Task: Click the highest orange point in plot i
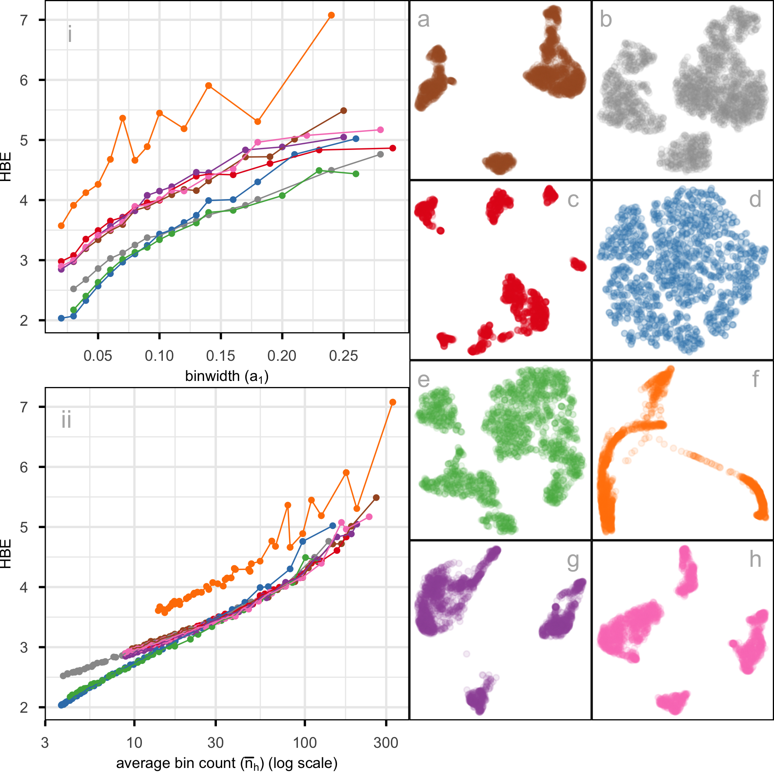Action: click(x=331, y=15)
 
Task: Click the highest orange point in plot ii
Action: click(x=393, y=402)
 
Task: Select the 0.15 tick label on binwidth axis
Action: click(x=221, y=356)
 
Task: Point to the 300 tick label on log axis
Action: click(x=386, y=743)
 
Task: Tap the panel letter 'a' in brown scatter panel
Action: click(x=423, y=20)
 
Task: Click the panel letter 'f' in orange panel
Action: click(x=755, y=379)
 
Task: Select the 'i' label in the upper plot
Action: click(x=70, y=34)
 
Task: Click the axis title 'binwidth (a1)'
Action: click(x=227, y=377)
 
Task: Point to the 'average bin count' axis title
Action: click(x=227, y=763)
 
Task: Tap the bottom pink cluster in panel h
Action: click(x=673, y=702)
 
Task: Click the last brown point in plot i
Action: click(x=343, y=110)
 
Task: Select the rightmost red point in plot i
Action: click(x=393, y=148)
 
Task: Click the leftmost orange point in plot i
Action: click(x=61, y=226)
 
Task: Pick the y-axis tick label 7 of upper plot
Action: click(x=24, y=20)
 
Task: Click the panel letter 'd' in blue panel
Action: click(x=755, y=200)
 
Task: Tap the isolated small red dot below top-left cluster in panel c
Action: click(x=441, y=231)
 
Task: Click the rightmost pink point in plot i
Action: click(x=380, y=130)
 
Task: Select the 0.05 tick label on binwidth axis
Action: click(x=98, y=356)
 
